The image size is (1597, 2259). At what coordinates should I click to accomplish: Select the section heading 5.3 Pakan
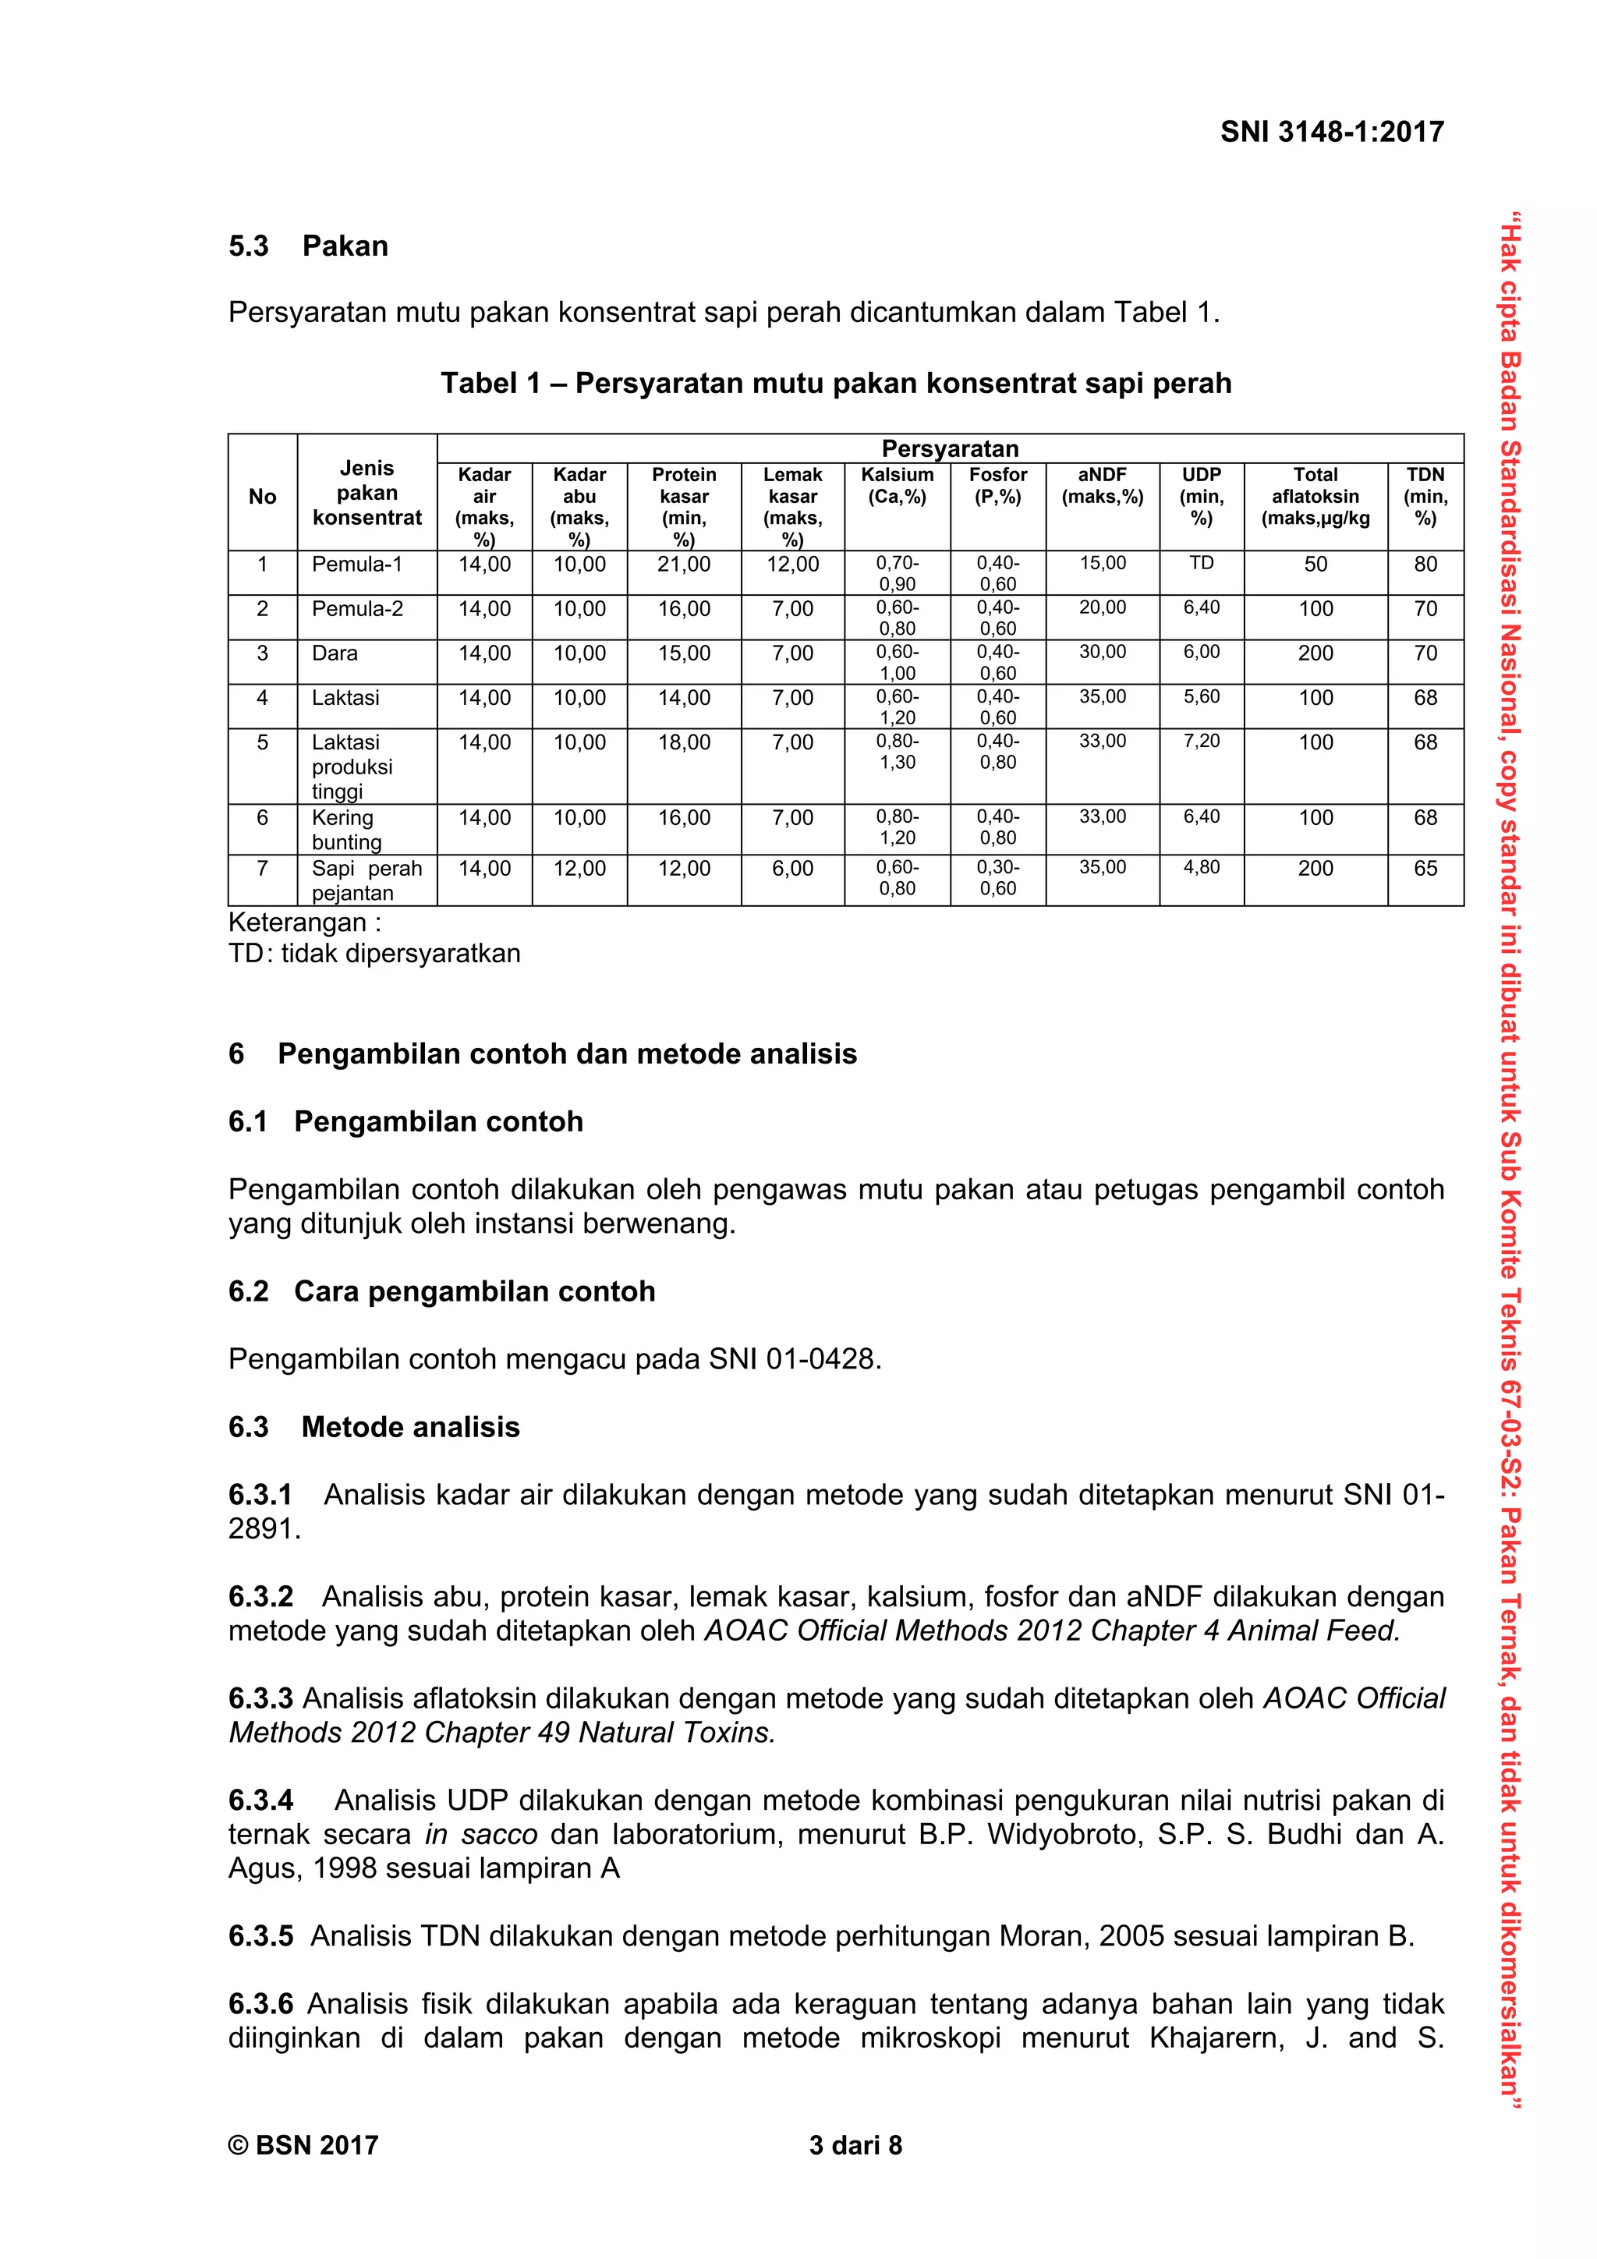[308, 246]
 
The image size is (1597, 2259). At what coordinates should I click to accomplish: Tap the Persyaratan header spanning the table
[950, 448]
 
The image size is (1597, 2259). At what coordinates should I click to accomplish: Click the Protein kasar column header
[684, 506]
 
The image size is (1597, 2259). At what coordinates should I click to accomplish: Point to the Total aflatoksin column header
[1315, 496]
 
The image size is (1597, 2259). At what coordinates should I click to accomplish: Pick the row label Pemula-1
[357, 565]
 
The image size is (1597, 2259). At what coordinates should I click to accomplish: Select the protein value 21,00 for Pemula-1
[684, 565]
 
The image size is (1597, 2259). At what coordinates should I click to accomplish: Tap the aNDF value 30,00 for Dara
[1102, 653]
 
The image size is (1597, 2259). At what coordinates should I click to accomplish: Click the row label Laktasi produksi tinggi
[352, 767]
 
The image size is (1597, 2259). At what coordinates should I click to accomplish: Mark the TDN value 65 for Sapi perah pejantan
[1425, 869]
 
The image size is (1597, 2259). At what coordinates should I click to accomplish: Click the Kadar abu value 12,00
[579, 869]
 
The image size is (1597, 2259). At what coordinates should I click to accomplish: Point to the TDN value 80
[1425, 565]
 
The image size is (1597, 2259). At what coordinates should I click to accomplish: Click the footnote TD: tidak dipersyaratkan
[374, 954]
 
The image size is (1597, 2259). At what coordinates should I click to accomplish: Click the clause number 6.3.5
[260, 1936]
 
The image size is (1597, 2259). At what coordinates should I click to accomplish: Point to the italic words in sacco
[481, 1834]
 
